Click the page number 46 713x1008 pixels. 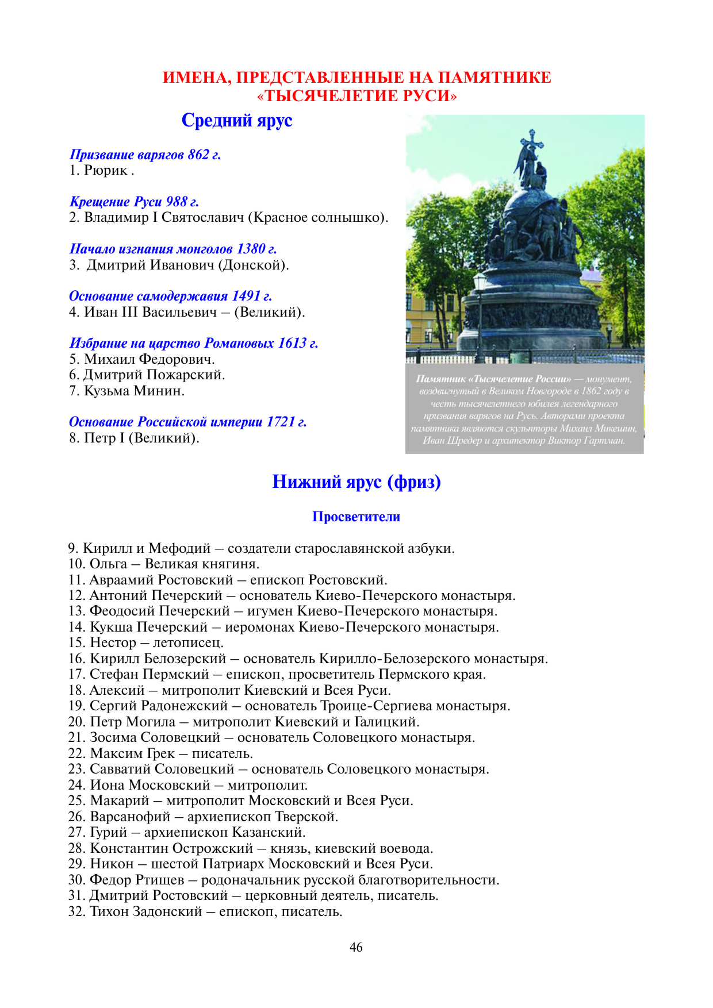[356, 948]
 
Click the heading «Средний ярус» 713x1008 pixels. [237, 120]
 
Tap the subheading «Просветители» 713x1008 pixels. [356, 517]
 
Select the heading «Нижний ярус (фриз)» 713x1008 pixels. [356, 482]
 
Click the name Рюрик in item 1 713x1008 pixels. [106, 170]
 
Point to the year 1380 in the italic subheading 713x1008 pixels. [251, 249]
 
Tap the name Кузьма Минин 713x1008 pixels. [135, 391]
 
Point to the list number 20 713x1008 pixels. [76, 722]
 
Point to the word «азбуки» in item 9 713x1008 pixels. [431, 548]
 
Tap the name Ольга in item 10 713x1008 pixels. [109, 564]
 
